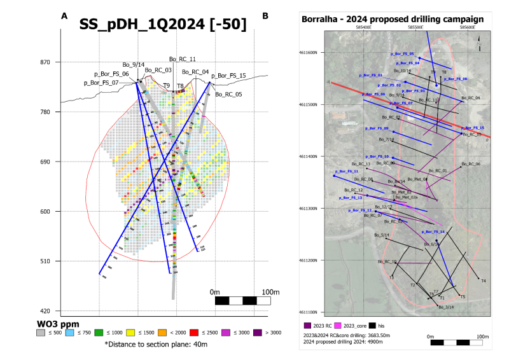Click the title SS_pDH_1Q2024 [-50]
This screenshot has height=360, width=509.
[164, 25]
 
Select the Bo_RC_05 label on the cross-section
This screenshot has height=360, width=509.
[228, 95]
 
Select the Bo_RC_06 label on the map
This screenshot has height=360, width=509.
[469, 164]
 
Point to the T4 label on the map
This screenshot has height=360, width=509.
[484, 280]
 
